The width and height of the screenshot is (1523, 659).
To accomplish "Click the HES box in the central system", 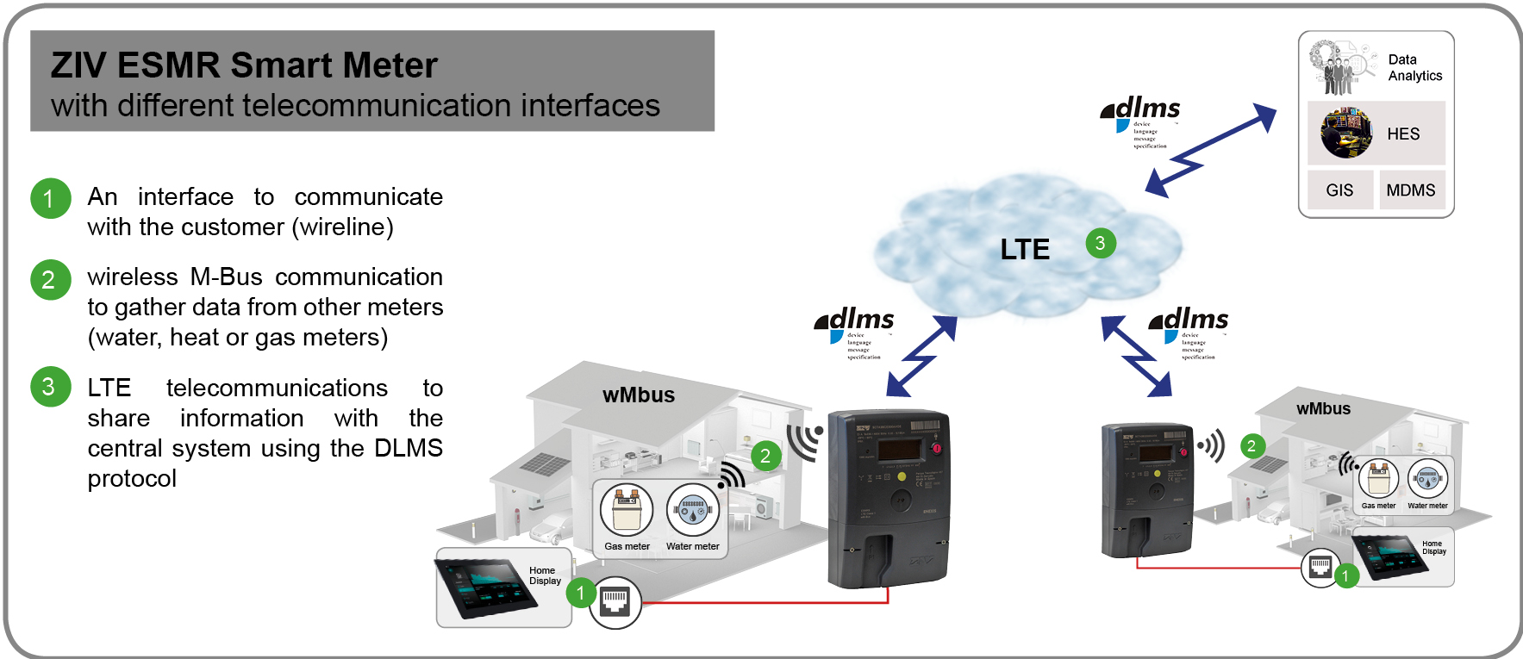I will tap(1376, 134).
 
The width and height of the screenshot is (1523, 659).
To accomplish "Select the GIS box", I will tap(1339, 190).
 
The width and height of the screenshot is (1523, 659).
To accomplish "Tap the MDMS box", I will tap(1411, 190).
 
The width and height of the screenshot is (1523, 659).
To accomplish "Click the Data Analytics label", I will tap(1414, 68).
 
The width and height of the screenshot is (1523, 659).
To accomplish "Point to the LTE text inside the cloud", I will tap(1025, 250).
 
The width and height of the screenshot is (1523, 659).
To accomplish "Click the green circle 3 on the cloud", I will tap(1100, 243).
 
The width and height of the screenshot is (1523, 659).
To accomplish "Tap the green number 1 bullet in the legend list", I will tap(50, 199).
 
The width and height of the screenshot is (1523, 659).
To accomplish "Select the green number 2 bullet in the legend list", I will tap(50, 280).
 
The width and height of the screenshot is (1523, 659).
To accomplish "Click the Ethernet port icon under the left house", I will tap(615, 601).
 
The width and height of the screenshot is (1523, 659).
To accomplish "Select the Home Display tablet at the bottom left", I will tap(488, 587).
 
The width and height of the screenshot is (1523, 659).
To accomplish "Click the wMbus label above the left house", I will tap(638, 395).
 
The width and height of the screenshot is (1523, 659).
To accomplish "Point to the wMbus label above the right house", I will tap(1323, 409).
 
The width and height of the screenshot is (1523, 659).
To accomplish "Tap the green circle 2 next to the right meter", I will tap(1251, 445).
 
